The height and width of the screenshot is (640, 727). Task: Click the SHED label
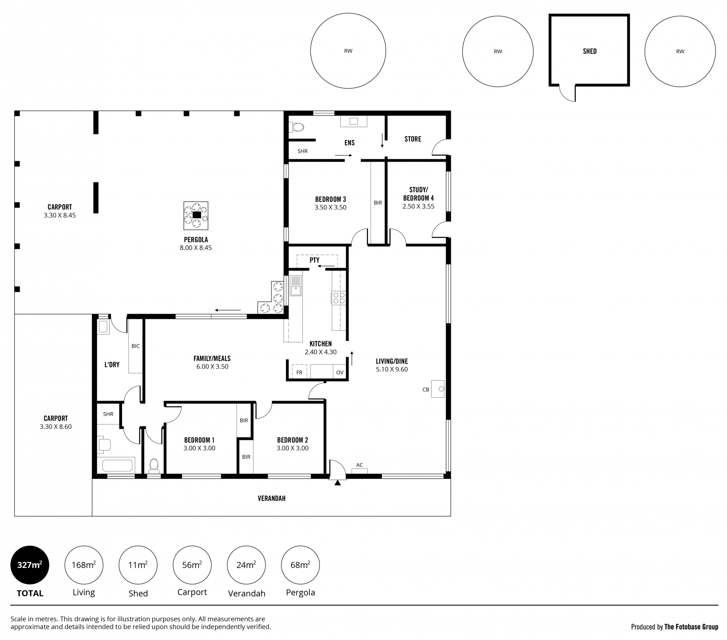tap(590, 51)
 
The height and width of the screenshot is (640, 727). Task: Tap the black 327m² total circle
tap(30, 565)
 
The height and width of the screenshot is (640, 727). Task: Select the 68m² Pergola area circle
tap(301, 565)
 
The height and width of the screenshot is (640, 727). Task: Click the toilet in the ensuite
tap(296, 127)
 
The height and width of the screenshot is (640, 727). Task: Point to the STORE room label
tap(413, 139)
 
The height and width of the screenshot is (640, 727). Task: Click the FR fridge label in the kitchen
tap(299, 372)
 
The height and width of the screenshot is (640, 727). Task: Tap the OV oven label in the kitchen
tap(340, 372)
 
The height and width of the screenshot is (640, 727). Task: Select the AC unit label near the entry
tap(359, 465)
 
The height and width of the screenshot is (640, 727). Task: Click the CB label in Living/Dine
tap(426, 390)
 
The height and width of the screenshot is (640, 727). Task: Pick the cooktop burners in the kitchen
tap(339, 297)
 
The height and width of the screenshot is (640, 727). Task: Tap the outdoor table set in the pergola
tap(196, 215)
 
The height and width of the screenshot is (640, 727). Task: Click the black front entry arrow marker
tap(338, 483)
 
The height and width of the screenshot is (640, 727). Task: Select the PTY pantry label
tap(315, 260)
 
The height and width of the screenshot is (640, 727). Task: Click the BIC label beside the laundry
tap(135, 346)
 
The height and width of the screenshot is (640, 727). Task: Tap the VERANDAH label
tap(272, 498)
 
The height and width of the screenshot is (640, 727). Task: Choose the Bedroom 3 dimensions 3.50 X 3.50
tap(330, 207)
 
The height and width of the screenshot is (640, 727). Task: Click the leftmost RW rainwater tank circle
tap(348, 51)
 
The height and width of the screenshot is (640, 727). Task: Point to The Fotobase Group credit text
tap(691, 627)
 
